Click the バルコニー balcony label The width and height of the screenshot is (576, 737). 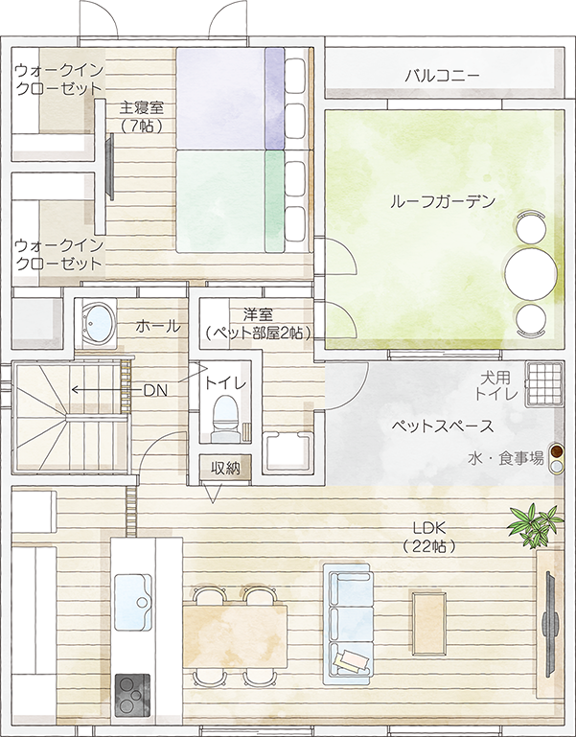click(442, 74)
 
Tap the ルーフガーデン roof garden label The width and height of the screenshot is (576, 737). click(442, 202)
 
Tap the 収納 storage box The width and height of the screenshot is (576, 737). click(225, 468)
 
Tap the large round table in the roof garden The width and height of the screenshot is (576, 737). click(531, 271)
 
